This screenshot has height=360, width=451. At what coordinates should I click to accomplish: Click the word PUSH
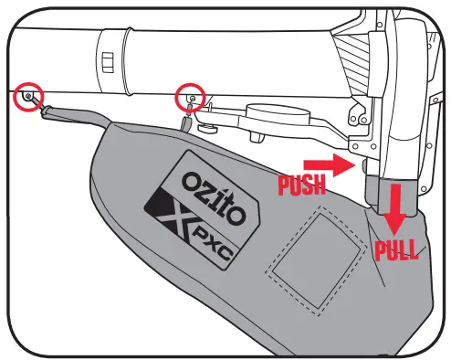point(302,185)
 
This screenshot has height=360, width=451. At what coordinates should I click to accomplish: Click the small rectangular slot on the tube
point(107,61)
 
